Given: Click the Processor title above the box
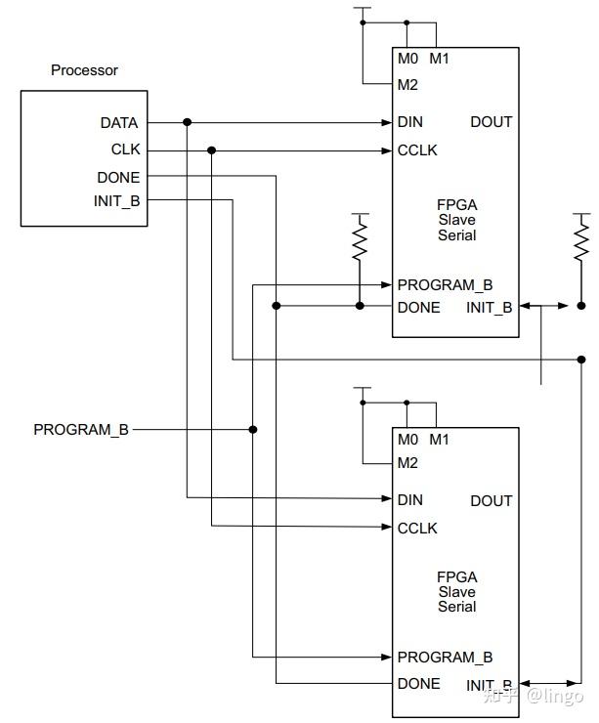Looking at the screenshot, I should point(84,70).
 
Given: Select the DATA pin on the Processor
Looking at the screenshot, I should point(118,123).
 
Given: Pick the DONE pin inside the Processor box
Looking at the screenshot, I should point(118,177).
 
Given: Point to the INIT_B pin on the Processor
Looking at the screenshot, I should point(118,201).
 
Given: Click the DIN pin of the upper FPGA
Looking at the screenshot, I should point(409,122).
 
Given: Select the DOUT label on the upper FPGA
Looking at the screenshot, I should point(491,122).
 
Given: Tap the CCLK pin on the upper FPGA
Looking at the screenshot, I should point(417,150).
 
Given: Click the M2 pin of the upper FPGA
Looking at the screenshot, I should point(407,84).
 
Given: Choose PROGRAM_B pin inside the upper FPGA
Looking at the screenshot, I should point(445,285).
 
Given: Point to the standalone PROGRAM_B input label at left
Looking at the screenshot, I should point(81,429).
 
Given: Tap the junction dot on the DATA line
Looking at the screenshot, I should point(187,122).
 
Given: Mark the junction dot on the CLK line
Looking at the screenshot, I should point(212,150).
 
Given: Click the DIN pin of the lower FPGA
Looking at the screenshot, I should point(409,499).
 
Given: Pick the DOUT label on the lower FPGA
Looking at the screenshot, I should point(491,500).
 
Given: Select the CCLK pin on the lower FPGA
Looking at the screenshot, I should point(417,528).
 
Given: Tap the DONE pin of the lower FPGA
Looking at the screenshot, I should point(418,683).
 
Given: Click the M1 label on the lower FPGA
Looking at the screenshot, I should point(439,437).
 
